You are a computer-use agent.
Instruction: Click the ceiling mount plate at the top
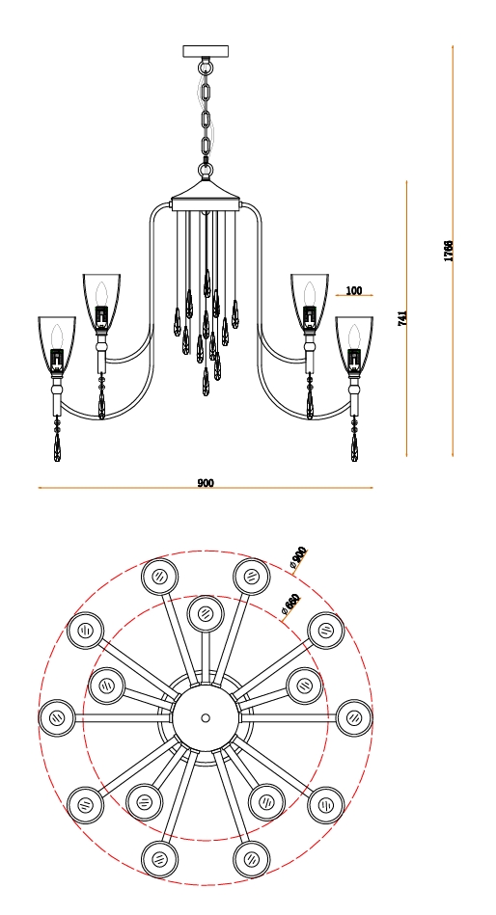click(206, 51)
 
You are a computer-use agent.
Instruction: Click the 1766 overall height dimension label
click(448, 251)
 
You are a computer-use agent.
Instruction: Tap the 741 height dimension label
click(402, 318)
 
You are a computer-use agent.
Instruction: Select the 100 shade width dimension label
click(354, 290)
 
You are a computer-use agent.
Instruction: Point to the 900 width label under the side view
click(206, 483)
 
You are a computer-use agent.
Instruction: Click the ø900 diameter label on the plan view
click(298, 557)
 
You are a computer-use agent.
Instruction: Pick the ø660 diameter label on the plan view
click(289, 604)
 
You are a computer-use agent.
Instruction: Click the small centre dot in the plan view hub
click(206, 717)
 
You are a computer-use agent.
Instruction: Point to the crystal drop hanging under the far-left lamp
click(57, 446)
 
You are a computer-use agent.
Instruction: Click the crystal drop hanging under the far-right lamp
click(354, 446)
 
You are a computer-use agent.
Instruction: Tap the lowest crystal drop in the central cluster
click(206, 382)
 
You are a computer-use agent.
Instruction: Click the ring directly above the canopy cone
click(206, 171)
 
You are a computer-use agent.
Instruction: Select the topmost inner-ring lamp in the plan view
click(206, 614)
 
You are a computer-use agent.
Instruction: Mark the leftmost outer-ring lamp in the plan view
click(57, 717)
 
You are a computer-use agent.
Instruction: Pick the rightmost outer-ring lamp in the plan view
click(354, 717)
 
